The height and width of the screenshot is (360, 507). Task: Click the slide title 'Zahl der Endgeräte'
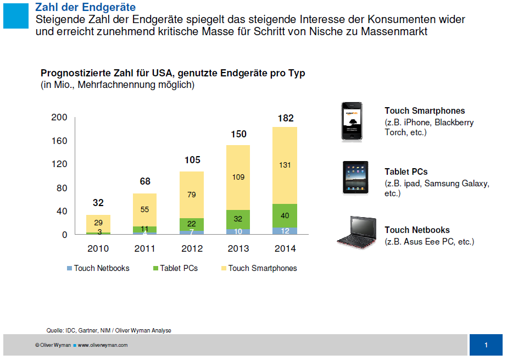[85, 7]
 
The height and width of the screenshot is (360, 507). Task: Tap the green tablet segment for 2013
[238, 219]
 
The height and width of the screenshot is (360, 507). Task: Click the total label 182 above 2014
[285, 118]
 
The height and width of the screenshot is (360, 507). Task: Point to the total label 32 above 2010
[98, 203]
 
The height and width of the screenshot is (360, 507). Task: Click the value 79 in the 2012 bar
[191, 195]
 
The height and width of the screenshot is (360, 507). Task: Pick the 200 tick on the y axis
[59, 117]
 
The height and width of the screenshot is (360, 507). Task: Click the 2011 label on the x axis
[145, 248]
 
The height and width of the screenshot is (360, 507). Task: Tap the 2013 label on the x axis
[238, 248]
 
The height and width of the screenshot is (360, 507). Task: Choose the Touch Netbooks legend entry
[98, 268]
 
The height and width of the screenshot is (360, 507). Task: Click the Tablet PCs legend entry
[175, 268]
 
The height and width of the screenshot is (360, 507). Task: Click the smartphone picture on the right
[352, 122]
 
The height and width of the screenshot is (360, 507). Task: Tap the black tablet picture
[355, 177]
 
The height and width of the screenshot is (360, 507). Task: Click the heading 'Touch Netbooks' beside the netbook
[417, 230]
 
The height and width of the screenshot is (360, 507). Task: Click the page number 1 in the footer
[486, 345]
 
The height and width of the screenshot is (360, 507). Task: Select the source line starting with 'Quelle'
[108, 330]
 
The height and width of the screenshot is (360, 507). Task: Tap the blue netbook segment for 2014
[285, 231]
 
